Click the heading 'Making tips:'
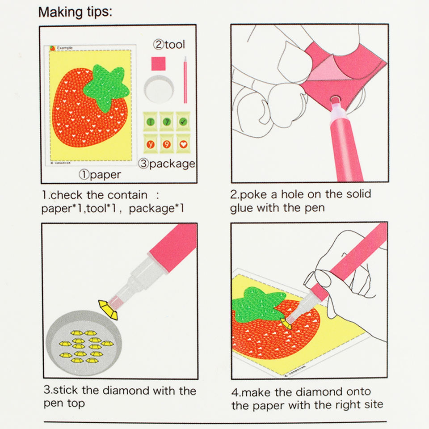75,12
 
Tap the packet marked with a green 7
167,122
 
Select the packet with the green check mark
183,122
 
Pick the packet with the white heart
183,143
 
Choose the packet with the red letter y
151,143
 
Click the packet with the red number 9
167,143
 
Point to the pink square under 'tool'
158,63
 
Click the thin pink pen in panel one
185,80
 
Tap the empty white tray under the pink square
159,89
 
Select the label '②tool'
169,44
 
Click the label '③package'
167,164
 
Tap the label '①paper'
100,175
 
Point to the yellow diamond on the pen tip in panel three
108,310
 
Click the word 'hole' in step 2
293,194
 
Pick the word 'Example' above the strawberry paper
65,48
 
